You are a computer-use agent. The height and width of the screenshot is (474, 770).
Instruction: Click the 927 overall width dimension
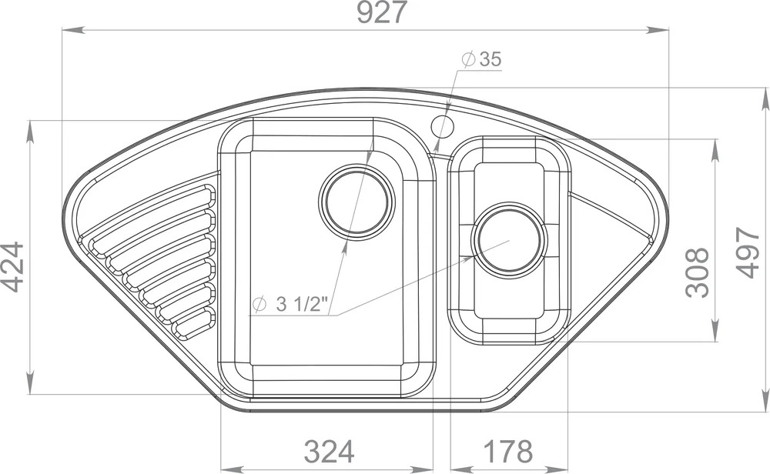click(x=382, y=12)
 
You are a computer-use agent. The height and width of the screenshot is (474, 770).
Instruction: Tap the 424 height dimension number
click(x=12, y=267)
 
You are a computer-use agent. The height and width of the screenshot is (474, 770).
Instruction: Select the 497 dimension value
click(x=748, y=252)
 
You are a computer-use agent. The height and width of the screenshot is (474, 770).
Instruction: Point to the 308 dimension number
click(x=698, y=273)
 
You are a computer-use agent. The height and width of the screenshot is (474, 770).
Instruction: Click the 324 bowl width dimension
click(x=329, y=452)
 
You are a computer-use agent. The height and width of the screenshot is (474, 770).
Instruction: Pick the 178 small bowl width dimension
click(x=507, y=452)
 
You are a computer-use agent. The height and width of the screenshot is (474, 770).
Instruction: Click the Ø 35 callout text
click(x=481, y=59)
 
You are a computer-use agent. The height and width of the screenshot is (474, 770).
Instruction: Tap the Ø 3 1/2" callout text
click(x=289, y=304)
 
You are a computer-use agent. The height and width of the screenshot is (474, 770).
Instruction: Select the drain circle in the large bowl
click(x=357, y=202)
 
